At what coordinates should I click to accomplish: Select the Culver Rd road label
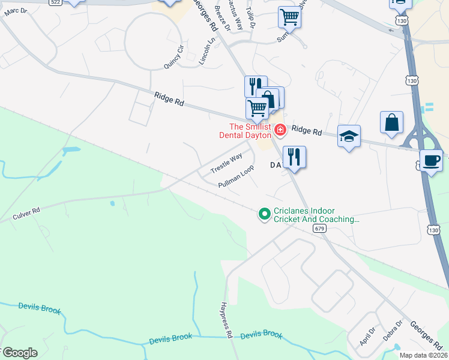pyautogui.click(x=28, y=214)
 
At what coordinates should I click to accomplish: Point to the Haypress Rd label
pyautogui.click(x=226, y=320)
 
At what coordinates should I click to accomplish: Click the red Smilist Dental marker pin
pyautogui.click(x=280, y=130)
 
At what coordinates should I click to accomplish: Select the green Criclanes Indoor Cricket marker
pyautogui.click(x=264, y=214)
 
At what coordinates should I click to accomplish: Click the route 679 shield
pyautogui.click(x=319, y=229)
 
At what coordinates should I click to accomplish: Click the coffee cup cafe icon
pyautogui.click(x=431, y=161)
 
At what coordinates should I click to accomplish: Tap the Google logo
pyautogui.click(x=19, y=352)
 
